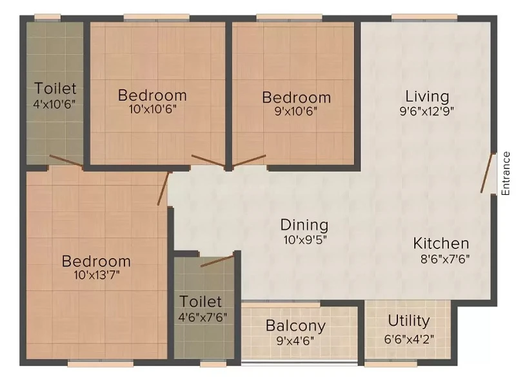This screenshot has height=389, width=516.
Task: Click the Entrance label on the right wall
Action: [x=506, y=174]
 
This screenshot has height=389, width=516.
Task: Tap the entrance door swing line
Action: [x=487, y=173]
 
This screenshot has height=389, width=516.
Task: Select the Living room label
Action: [x=427, y=96]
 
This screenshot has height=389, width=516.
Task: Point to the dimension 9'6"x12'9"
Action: [x=427, y=112]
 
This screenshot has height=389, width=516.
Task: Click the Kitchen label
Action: [x=441, y=244]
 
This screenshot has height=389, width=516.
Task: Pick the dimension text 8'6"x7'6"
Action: [x=445, y=259]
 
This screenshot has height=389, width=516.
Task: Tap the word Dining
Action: [x=304, y=225]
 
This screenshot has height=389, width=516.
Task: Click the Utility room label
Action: [x=409, y=321]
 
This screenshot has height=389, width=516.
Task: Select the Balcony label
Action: [x=295, y=326]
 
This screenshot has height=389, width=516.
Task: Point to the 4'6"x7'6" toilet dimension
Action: [x=203, y=317]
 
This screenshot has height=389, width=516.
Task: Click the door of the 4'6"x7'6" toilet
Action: [x=217, y=261]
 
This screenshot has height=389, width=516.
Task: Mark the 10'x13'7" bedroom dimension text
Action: [x=96, y=275]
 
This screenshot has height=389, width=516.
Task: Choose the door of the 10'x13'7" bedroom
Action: [x=163, y=188]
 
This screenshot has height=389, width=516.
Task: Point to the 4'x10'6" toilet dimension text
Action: [x=55, y=105]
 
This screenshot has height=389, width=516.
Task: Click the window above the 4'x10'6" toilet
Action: [x=47, y=17]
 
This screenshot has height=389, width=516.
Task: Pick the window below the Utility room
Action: [x=391, y=364]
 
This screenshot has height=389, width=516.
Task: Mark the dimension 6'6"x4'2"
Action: [x=409, y=339]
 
